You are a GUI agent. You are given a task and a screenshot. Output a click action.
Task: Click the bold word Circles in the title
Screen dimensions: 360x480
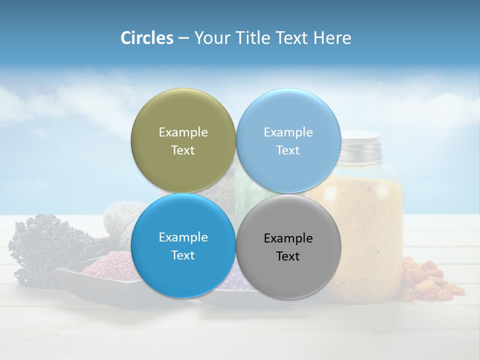(146, 38)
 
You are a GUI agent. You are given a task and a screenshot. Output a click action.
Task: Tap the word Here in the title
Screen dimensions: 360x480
(332, 38)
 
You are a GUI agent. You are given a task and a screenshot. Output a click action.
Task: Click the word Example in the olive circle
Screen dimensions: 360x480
(183, 132)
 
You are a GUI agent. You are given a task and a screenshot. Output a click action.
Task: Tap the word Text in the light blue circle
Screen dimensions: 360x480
(288, 150)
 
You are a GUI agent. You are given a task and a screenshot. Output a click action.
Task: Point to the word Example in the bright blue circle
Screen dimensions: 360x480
(183, 237)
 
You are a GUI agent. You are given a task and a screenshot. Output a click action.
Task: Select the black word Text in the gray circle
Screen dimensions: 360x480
(288, 256)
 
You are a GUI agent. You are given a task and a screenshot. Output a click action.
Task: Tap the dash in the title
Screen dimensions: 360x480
(183, 38)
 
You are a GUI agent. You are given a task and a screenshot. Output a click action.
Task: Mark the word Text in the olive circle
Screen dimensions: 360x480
(183, 150)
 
